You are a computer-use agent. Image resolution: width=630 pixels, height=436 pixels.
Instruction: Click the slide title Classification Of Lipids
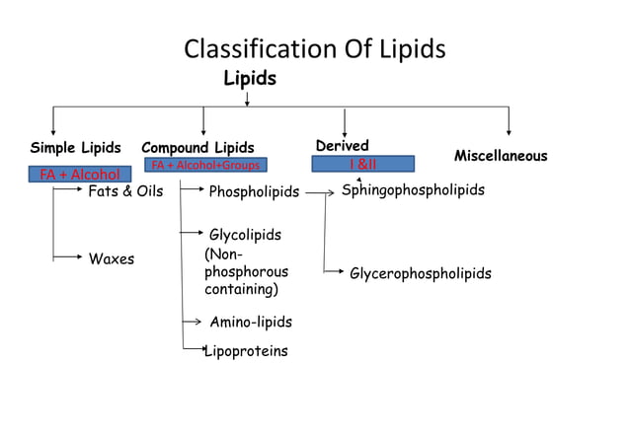tap(315, 49)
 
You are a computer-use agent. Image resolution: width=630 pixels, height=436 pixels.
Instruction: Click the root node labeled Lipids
tap(249, 78)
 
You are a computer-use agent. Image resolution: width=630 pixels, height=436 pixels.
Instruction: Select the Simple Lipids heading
tap(75, 148)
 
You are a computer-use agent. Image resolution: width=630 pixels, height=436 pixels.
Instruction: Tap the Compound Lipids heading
tap(197, 148)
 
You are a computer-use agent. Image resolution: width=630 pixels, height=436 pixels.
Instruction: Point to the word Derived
tap(342, 146)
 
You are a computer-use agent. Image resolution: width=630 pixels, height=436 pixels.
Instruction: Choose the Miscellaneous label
tap(500, 156)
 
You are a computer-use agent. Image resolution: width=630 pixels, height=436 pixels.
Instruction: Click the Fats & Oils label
tap(125, 191)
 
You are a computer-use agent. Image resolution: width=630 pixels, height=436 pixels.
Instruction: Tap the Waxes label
tap(112, 259)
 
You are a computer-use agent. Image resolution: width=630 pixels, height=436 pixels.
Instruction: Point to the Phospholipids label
tap(254, 191)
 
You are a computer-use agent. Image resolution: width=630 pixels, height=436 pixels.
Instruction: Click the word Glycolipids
tap(245, 235)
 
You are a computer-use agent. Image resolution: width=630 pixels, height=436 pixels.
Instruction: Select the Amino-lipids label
tap(251, 322)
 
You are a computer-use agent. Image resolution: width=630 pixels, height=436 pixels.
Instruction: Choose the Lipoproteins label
tap(246, 350)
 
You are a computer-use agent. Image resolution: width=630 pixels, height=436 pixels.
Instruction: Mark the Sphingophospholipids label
tap(413, 190)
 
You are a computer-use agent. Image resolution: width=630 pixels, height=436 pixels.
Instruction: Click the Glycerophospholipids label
tap(420, 273)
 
